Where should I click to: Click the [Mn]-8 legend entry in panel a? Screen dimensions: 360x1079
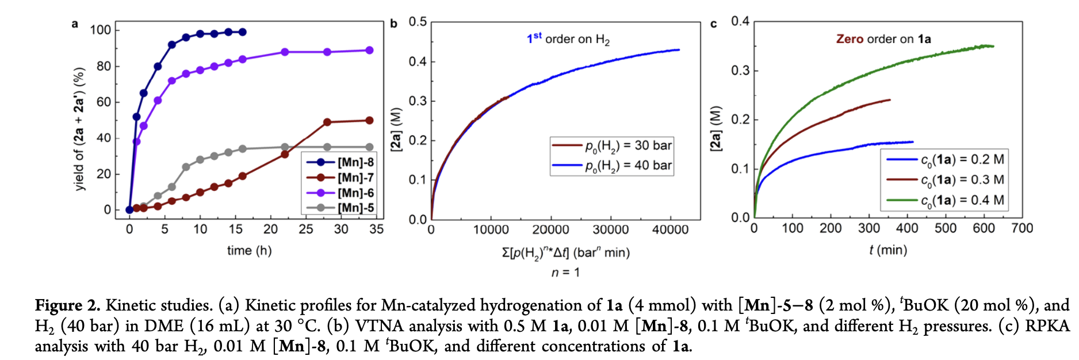355,162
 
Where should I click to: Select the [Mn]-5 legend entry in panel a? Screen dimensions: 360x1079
355,208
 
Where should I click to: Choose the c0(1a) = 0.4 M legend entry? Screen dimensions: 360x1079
962,200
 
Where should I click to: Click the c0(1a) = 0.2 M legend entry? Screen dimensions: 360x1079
962,159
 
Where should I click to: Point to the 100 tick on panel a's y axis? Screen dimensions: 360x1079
101,30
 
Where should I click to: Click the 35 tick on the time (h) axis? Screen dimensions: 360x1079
376,229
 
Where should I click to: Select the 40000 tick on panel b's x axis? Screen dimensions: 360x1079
670,229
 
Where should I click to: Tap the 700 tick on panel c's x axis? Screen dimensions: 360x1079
1022,228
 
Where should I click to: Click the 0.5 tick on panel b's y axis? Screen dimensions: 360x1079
418,22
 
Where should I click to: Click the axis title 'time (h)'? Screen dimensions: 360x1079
249,250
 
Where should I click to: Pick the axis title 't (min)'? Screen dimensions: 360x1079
888,250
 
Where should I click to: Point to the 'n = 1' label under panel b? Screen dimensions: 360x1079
565,272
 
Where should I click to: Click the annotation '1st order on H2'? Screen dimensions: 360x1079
568,39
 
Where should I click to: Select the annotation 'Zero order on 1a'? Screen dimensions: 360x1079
883,39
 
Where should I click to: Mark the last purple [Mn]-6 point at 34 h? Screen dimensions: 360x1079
369,51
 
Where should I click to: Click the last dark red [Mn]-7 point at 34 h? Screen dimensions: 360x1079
369,120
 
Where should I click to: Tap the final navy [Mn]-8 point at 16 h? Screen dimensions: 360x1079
242,32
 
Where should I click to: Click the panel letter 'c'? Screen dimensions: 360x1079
714,24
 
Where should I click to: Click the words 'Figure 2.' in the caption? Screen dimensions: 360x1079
67,305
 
